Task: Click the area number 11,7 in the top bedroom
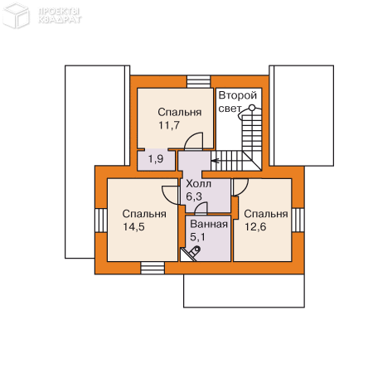point(169,125)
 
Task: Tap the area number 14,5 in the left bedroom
point(133,227)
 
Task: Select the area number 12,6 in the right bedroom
point(255,227)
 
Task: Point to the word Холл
point(199,184)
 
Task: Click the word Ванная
point(209,224)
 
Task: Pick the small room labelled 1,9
point(156,161)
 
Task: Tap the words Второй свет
point(238,102)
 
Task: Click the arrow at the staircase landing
point(216,161)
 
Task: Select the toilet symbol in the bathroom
point(194,252)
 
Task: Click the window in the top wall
point(199,82)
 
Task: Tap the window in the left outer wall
point(101,220)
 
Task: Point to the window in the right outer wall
point(298,220)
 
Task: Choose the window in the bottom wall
point(153,268)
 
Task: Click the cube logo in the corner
point(16,16)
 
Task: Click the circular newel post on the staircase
point(252,108)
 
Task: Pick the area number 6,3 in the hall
point(194,196)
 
